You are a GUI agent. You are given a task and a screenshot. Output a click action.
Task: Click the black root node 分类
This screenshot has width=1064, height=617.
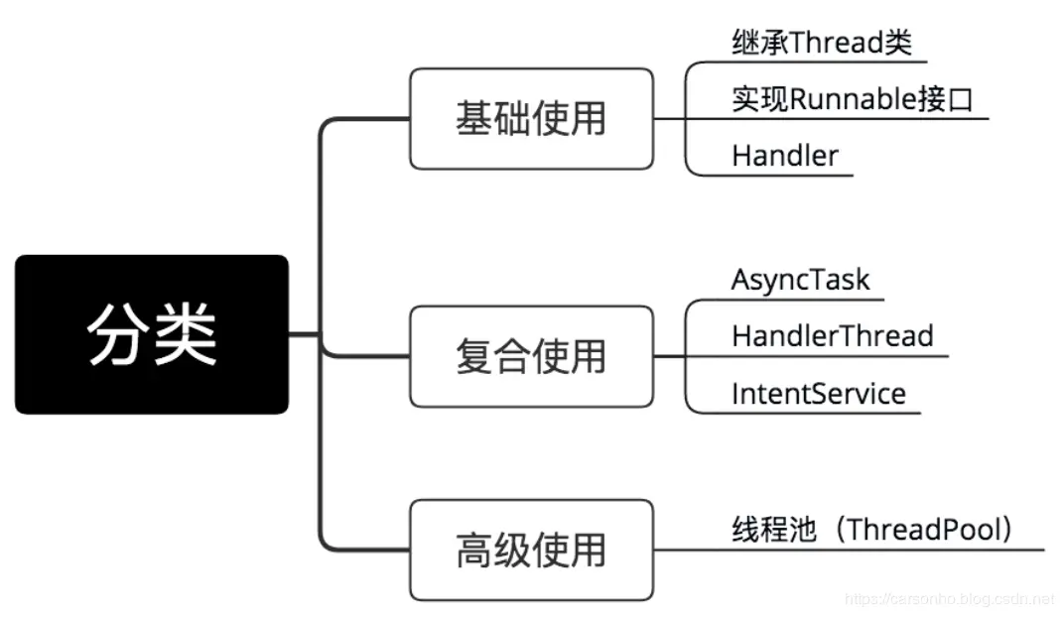coord(151,334)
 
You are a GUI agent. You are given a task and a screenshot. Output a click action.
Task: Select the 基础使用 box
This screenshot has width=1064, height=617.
coord(531,119)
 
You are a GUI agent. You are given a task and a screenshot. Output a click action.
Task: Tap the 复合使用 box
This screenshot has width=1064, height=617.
coord(531,356)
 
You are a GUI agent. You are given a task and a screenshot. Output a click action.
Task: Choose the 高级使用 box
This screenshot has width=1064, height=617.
coord(531,550)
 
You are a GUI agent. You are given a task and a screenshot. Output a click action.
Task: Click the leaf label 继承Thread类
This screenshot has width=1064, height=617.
coord(821,43)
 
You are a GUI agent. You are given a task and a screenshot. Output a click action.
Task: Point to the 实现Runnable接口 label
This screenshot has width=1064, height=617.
coord(852,99)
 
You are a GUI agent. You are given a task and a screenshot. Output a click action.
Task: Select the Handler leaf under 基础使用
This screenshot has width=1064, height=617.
coord(784,156)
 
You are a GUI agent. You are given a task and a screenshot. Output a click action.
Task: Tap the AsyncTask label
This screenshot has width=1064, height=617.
coord(800,280)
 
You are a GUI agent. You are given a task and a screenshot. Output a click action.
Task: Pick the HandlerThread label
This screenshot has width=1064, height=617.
coord(832,336)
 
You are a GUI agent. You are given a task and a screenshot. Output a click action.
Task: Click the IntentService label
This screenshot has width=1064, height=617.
coord(818,394)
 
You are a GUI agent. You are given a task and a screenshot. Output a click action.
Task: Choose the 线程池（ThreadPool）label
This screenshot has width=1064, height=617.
coord(873,530)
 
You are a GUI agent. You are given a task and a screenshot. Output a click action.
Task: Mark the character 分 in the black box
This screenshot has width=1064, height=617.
coord(117,334)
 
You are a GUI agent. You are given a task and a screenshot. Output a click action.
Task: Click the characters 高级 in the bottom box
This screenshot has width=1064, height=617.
coord(493,550)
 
